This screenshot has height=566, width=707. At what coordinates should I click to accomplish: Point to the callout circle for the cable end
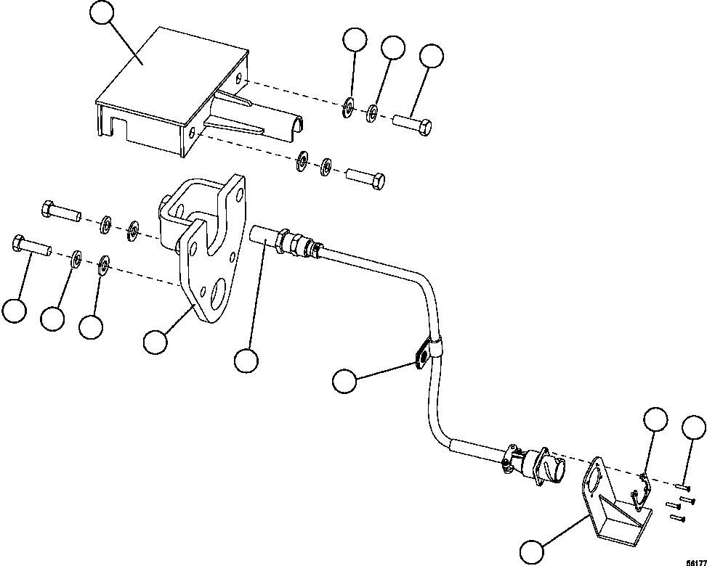click(x=247, y=361)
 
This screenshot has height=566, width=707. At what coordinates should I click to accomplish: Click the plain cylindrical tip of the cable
click(x=260, y=236)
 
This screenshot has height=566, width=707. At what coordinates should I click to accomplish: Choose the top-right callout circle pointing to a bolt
click(x=432, y=56)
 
